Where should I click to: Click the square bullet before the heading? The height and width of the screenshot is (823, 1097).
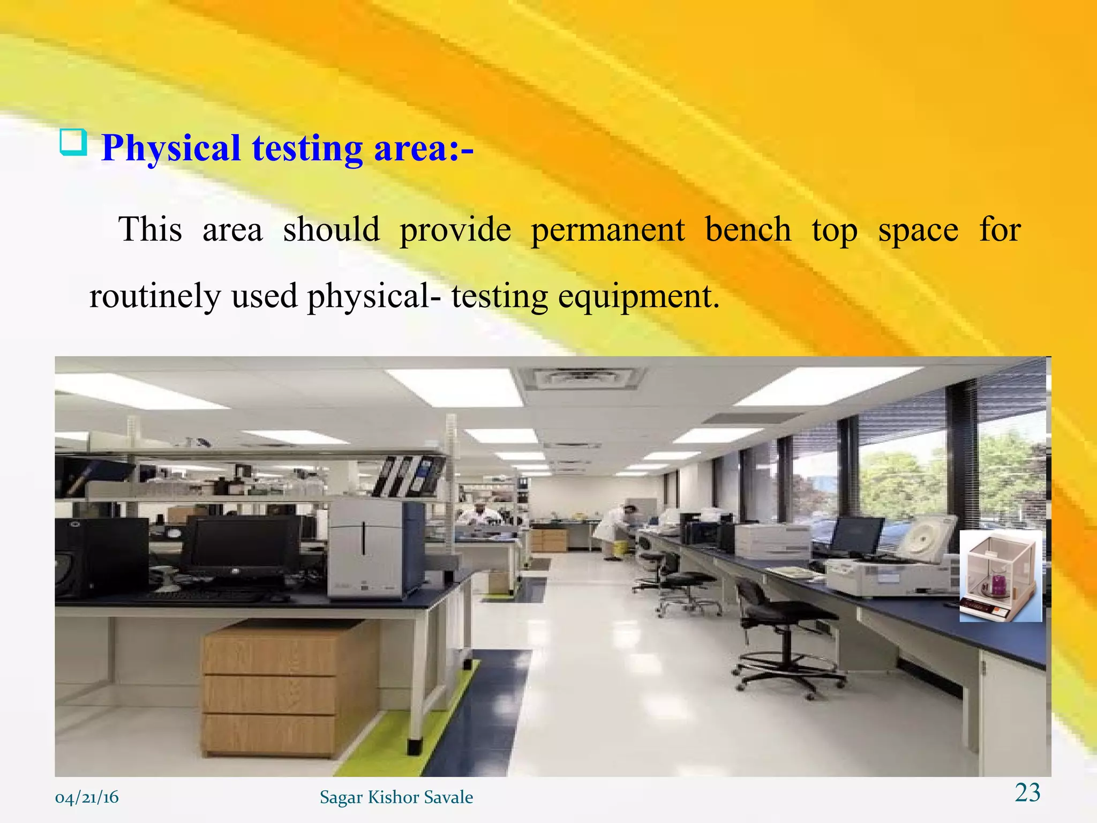click(x=73, y=143)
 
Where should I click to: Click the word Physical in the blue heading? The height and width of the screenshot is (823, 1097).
click(x=171, y=148)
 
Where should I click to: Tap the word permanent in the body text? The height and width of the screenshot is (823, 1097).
click(x=607, y=230)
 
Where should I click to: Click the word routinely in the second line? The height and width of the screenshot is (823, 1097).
click(x=155, y=296)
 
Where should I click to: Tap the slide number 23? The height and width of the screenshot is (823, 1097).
click(x=1027, y=792)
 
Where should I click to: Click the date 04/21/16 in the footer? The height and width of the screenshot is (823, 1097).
click(x=87, y=797)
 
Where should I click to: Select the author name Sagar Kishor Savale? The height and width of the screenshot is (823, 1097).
click(x=396, y=797)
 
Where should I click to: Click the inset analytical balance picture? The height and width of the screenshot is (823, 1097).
click(x=1000, y=576)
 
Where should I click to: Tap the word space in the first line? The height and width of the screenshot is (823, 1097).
click(x=918, y=230)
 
